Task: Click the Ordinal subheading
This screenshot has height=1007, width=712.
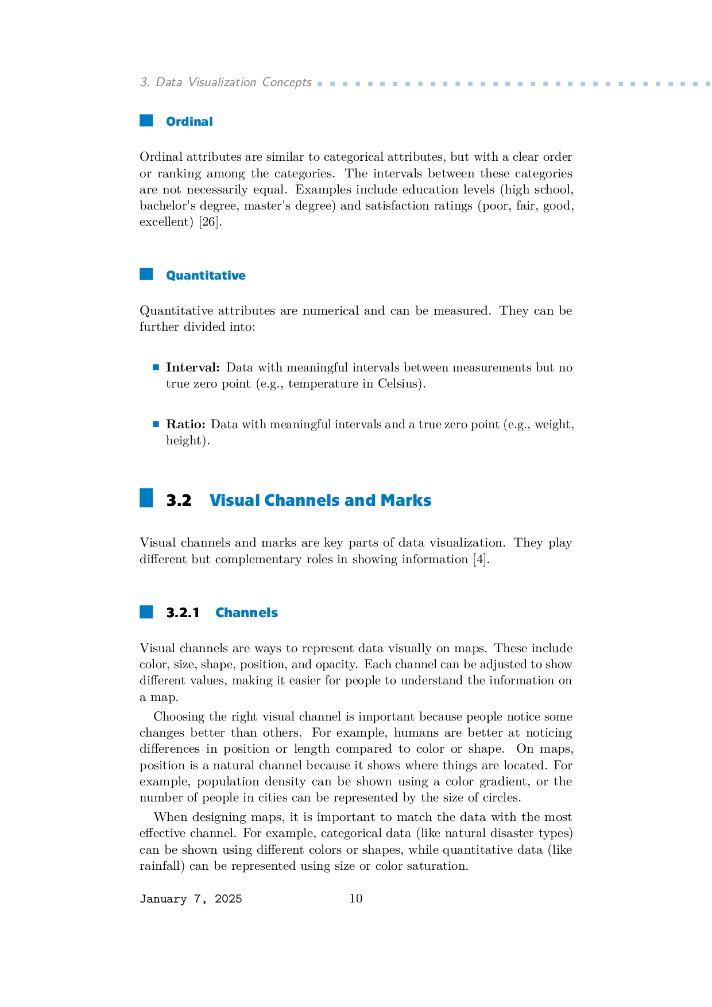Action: tap(189, 122)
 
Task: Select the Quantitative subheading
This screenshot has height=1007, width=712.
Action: tap(206, 276)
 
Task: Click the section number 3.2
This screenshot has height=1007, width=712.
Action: tap(179, 501)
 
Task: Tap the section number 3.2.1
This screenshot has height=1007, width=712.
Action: tap(183, 613)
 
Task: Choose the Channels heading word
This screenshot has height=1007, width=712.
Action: tap(246, 613)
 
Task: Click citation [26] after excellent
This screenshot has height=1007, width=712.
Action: tap(209, 222)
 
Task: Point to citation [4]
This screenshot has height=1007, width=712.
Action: tap(480, 559)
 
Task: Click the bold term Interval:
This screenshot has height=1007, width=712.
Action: tap(193, 367)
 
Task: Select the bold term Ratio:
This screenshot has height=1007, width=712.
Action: tap(185, 424)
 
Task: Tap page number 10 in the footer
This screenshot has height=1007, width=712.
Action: tap(356, 898)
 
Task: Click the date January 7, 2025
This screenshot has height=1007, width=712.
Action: tap(191, 899)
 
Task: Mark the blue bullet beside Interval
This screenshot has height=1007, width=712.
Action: tap(156, 367)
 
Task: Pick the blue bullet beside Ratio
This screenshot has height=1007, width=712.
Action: tap(156, 424)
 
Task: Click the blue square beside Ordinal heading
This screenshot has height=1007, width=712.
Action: tap(146, 121)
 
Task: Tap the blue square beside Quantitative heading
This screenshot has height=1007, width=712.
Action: tap(146, 274)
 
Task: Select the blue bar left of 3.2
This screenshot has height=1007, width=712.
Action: tap(146, 498)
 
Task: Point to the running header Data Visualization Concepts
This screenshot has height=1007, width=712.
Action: tap(233, 82)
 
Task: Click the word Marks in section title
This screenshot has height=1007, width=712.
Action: tap(405, 501)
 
